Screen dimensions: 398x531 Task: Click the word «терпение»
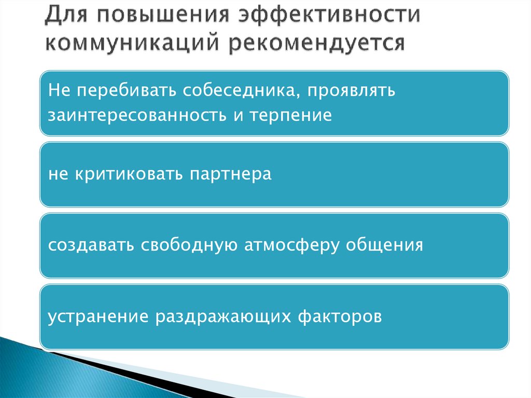(290, 116)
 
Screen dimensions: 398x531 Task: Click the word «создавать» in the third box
(92, 245)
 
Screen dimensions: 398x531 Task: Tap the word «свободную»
(189, 245)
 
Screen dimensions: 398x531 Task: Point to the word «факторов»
(340, 316)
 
